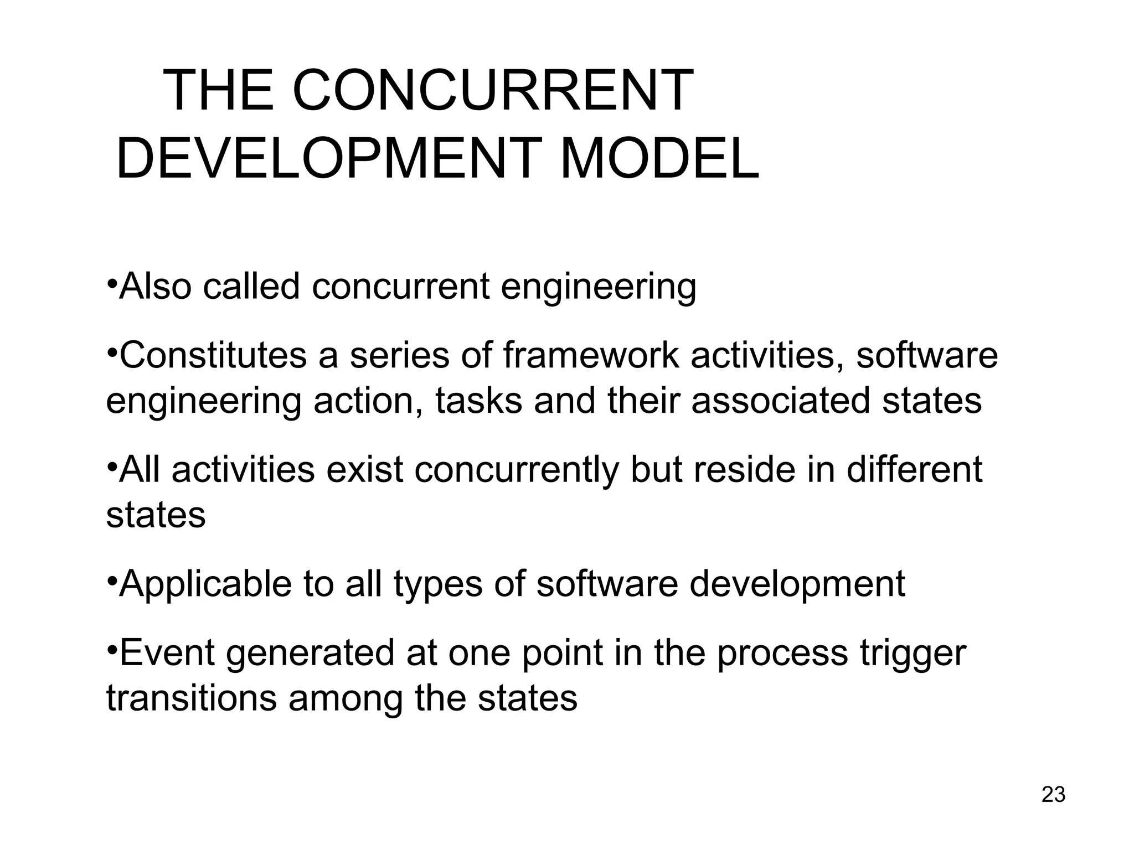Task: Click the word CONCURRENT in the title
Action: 492,91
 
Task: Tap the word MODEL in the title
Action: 659,159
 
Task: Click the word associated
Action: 780,400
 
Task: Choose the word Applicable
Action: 205,583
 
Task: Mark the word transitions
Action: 191,698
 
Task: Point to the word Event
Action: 167,652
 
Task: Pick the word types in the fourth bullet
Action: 438,584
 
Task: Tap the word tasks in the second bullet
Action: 478,400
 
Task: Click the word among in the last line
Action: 346,699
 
